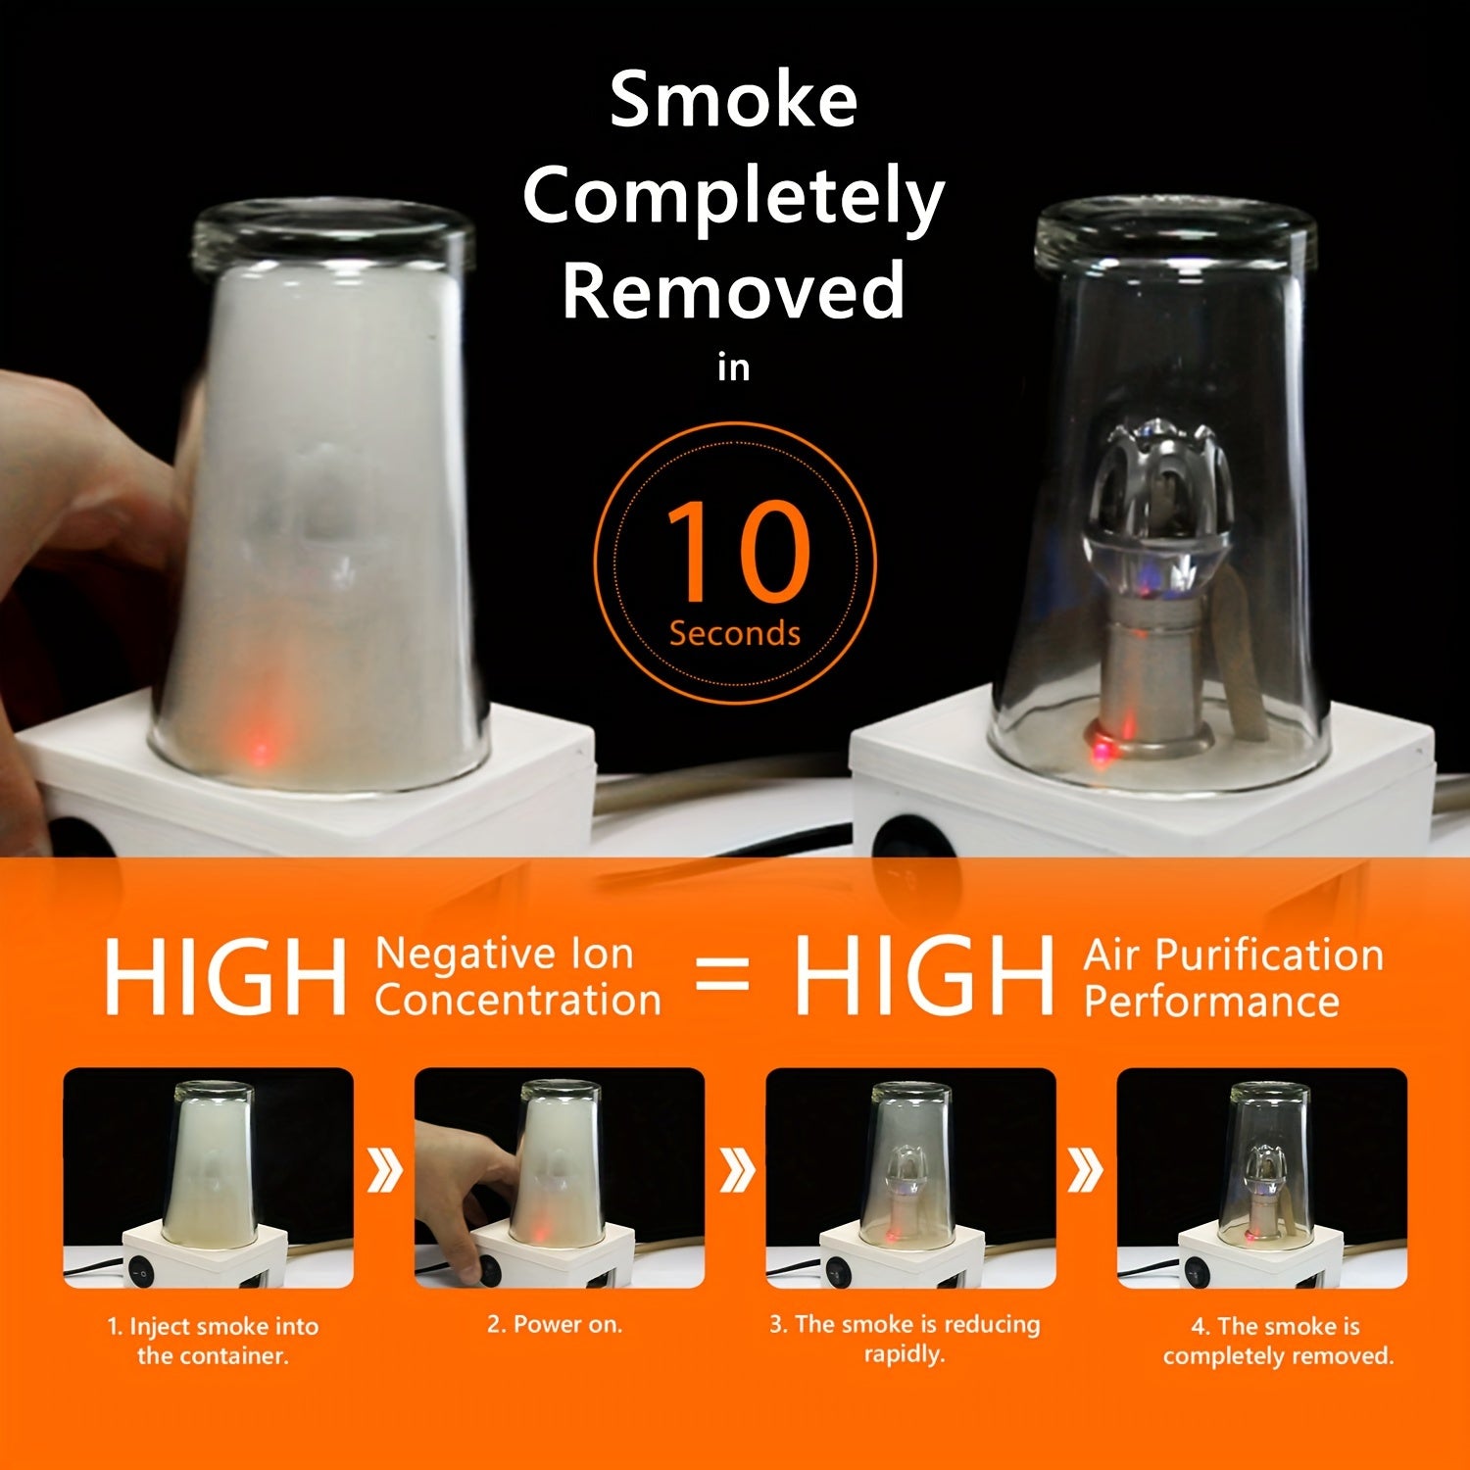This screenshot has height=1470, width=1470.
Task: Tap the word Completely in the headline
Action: pyautogui.click(x=733, y=198)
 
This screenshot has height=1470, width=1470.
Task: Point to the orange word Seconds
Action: pyautogui.click(x=735, y=633)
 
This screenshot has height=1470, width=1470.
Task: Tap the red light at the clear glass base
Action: pyautogui.click(x=1102, y=750)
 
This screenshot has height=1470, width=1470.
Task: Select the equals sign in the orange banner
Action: pyautogui.click(x=722, y=977)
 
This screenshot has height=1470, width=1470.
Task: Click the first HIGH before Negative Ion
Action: pyautogui.click(x=226, y=976)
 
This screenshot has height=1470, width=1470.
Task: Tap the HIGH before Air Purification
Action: pyautogui.click(x=924, y=976)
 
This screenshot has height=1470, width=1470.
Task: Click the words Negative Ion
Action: pyautogui.click(x=504, y=954)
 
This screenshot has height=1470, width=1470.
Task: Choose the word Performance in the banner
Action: pyautogui.click(x=1211, y=1001)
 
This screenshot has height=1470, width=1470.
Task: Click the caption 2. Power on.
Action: pyautogui.click(x=555, y=1324)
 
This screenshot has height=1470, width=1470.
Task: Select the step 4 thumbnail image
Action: pyautogui.click(x=1262, y=1178)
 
